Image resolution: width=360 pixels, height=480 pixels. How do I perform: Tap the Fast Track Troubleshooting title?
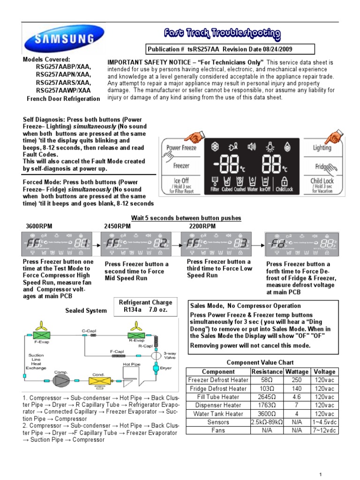click(222, 34)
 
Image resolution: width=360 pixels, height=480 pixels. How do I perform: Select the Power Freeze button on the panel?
click(181, 148)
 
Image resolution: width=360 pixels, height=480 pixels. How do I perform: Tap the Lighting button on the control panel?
click(322, 148)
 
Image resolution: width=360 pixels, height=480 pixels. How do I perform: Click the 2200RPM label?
click(202, 226)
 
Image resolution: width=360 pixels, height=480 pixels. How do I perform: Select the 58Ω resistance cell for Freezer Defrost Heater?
click(267, 380)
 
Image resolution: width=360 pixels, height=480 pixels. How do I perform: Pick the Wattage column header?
click(297, 372)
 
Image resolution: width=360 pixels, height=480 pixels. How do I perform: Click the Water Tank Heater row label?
click(218, 414)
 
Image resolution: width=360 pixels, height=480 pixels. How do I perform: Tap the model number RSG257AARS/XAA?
click(64, 82)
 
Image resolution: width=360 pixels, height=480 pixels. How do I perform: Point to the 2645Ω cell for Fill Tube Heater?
click(267, 397)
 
